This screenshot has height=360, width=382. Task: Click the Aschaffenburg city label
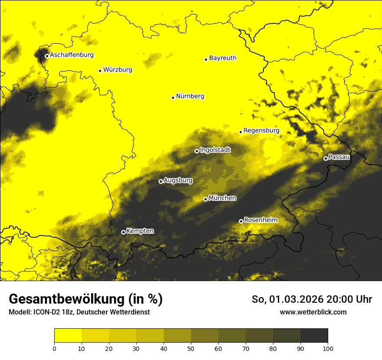(72, 55)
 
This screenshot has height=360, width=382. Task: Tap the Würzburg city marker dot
(100, 71)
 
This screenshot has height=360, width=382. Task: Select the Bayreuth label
(223, 58)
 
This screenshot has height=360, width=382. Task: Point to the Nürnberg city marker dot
(173, 98)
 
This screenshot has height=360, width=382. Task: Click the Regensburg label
(261, 130)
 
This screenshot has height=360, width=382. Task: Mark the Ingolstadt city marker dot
(197, 151)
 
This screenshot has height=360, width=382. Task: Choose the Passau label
(339, 157)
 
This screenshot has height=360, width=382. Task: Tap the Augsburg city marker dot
(161, 181)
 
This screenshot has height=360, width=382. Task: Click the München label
(222, 198)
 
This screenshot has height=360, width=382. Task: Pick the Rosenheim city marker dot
(241, 221)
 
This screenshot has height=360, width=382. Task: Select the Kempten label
(140, 231)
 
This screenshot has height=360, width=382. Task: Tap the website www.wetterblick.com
(313, 312)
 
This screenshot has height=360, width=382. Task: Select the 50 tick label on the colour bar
(191, 349)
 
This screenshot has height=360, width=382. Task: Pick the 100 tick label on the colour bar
(327, 349)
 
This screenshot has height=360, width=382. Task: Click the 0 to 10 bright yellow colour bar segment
(68, 335)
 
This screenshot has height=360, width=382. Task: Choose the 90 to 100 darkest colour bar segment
(314, 335)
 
